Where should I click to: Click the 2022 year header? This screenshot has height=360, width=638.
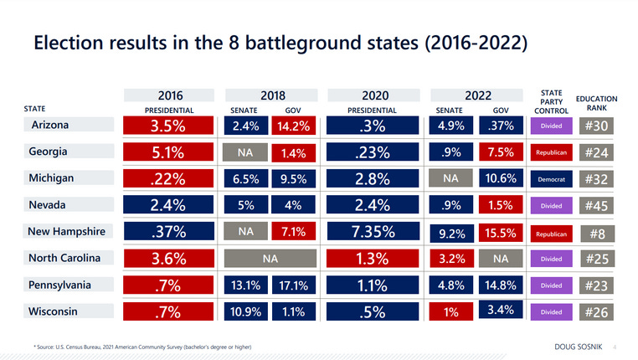click(477, 95)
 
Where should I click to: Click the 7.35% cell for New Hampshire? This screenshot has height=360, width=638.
click(373, 232)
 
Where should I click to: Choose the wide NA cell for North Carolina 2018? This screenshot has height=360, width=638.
click(270, 259)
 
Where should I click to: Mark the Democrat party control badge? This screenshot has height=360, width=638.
click(551, 179)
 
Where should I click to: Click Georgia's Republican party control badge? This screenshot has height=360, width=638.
click(551, 153)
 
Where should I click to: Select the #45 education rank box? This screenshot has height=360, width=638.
click(596, 206)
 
